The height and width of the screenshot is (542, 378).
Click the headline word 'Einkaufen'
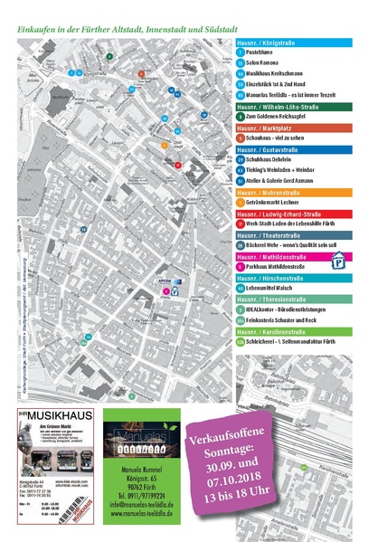coord(37,29)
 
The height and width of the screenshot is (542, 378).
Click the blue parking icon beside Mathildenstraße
coord(339,261)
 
